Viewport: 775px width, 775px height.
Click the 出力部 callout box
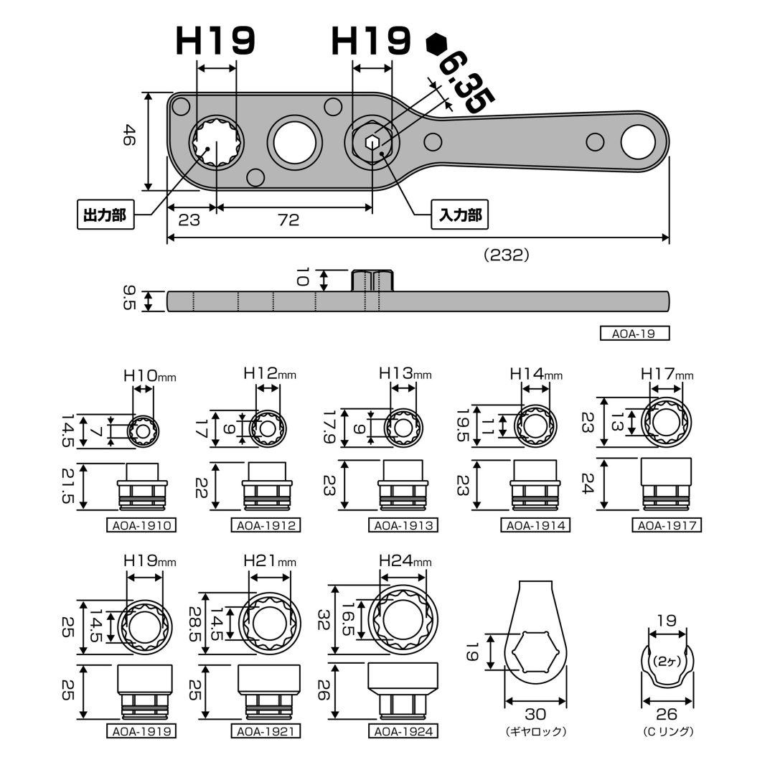click(x=105, y=215)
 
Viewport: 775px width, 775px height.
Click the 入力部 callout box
click(x=460, y=215)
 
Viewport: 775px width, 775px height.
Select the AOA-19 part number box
click(x=634, y=334)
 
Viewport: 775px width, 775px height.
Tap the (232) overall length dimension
click(x=507, y=255)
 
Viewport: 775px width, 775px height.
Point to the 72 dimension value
click(x=288, y=220)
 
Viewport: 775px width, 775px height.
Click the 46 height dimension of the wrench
click(x=128, y=135)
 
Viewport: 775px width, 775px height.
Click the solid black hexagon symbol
click(x=436, y=44)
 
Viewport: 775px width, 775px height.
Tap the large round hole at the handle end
click(x=638, y=142)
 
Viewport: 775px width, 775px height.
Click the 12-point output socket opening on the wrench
click(x=217, y=142)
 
